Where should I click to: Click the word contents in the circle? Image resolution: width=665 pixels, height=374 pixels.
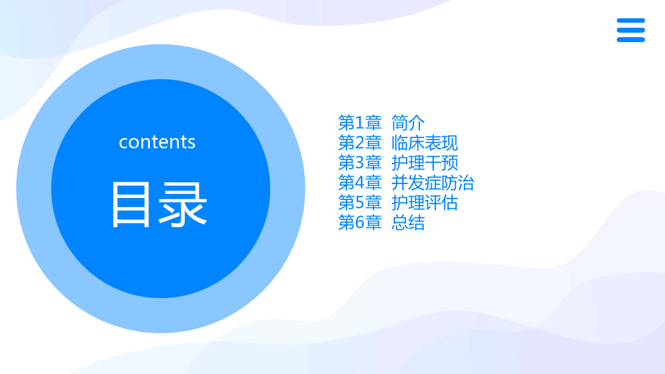click(x=157, y=142)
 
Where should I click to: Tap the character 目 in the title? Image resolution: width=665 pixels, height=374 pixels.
click(x=131, y=205)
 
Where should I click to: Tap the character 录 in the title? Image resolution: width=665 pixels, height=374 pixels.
click(x=183, y=205)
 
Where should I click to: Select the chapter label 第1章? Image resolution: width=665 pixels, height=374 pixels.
click(x=360, y=122)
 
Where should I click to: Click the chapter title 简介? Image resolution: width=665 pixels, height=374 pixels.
click(x=408, y=122)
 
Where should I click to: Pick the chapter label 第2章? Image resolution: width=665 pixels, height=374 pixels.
click(x=360, y=143)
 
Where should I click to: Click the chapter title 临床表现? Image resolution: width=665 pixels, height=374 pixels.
click(x=425, y=143)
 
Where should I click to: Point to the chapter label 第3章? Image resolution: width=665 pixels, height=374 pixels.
click(x=360, y=163)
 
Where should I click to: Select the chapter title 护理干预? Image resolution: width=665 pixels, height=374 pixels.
click(x=425, y=163)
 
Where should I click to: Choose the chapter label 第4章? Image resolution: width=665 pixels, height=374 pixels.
click(x=360, y=182)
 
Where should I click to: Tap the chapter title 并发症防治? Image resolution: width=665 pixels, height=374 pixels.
click(x=433, y=182)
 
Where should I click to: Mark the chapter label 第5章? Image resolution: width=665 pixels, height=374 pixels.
click(x=360, y=203)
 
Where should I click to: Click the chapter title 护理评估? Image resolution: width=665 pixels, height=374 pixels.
click(x=425, y=203)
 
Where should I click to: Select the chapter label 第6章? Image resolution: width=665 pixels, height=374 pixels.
click(x=360, y=223)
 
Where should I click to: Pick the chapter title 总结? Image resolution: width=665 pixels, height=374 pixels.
click(x=408, y=223)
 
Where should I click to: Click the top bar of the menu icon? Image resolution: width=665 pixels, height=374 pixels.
click(x=631, y=21)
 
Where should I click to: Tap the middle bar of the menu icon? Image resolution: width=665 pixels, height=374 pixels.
click(x=631, y=30)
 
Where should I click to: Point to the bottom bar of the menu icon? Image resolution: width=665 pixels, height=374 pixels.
click(x=631, y=40)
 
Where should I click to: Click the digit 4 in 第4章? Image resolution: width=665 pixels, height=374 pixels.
click(x=360, y=182)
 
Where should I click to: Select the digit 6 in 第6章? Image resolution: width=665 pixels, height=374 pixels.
click(x=360, y=223)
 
